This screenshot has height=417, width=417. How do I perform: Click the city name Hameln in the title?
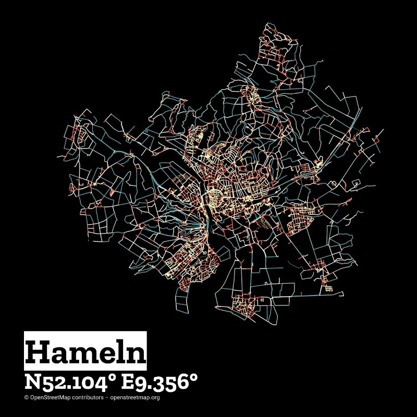85,352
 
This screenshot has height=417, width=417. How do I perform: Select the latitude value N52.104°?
70,382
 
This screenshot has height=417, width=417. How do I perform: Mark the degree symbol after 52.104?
112,377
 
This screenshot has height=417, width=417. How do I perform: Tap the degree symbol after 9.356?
194,377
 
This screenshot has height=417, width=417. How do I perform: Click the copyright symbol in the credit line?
26,397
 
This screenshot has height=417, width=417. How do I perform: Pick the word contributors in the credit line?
89,397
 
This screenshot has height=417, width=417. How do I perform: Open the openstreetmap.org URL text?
135,397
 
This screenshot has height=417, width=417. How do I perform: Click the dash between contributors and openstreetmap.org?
107,397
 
